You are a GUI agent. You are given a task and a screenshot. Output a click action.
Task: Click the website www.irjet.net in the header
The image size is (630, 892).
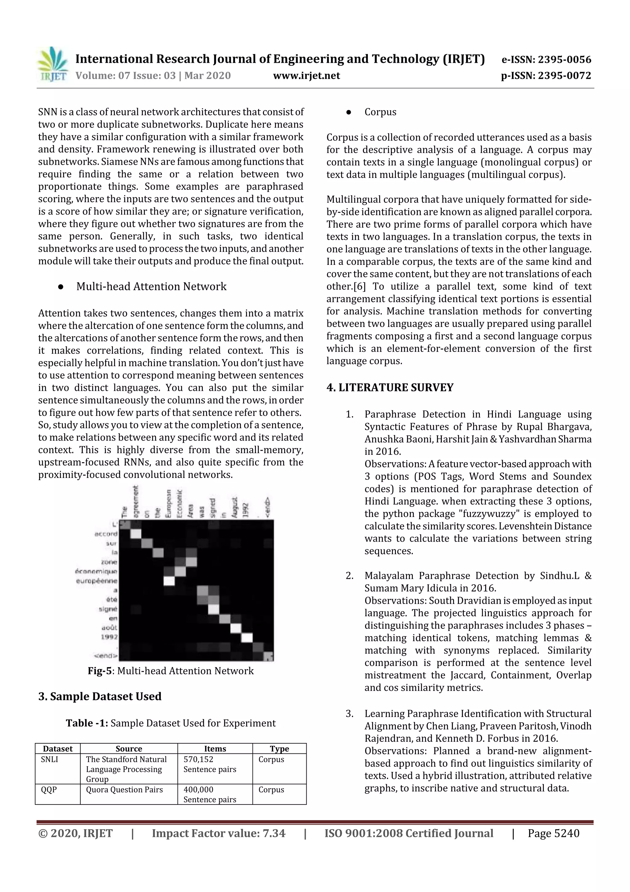click(x=306, y=75)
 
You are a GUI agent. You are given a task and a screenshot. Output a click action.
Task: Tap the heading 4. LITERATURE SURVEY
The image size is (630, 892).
click(x=390, y=387)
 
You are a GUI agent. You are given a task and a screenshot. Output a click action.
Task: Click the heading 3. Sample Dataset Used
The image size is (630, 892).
click(x=100, y=696)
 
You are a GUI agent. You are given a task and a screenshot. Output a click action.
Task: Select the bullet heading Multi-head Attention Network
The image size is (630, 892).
click(x=151, y=286)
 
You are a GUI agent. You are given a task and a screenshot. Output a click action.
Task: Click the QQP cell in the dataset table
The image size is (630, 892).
click(x=49, y=789)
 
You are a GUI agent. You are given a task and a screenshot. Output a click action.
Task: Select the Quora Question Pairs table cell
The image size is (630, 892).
click(x=124, y=789)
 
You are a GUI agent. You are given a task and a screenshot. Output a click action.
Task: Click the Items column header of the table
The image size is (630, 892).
click(x=215, y=748)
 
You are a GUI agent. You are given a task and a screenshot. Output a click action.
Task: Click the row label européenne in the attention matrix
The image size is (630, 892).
click(x=96, y=581)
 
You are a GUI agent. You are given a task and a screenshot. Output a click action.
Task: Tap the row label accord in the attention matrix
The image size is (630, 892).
click(x=106, y=534)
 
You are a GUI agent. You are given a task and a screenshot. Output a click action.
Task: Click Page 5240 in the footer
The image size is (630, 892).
click(x=553, y=833)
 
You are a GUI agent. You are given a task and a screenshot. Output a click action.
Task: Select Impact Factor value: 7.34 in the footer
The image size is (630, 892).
click(x=218, y=833)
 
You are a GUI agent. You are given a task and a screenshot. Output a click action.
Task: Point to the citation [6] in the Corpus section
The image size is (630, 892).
click(x=359, y=286)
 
